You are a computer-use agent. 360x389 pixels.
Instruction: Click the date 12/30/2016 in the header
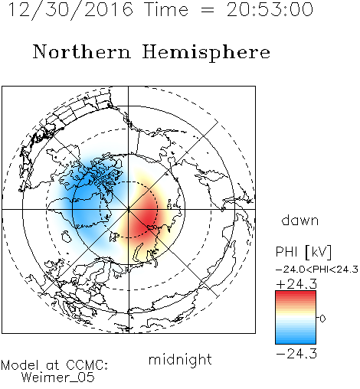70,10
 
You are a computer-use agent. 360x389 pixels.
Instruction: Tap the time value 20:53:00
270,10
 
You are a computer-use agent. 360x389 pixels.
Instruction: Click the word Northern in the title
82,51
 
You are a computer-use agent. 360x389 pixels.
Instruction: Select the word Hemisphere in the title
206,52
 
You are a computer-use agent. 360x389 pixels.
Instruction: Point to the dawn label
300,220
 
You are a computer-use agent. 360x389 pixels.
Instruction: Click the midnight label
180,360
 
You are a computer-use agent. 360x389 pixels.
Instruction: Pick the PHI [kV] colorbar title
303,252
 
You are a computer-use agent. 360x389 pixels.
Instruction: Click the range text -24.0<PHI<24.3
317,270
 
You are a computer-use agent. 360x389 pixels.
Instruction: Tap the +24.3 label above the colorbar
296,283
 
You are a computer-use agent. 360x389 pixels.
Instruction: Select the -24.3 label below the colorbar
296,354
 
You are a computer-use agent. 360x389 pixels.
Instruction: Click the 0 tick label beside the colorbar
322,319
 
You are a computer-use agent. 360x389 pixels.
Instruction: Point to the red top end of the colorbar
296,293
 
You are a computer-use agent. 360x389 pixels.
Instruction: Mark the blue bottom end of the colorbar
296,342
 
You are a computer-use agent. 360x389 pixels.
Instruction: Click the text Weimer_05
58,378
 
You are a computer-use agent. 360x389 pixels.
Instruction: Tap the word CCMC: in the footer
87,365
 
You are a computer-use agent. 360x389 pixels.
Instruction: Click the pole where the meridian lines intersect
129,209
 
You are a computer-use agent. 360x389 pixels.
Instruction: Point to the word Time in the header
166,10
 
